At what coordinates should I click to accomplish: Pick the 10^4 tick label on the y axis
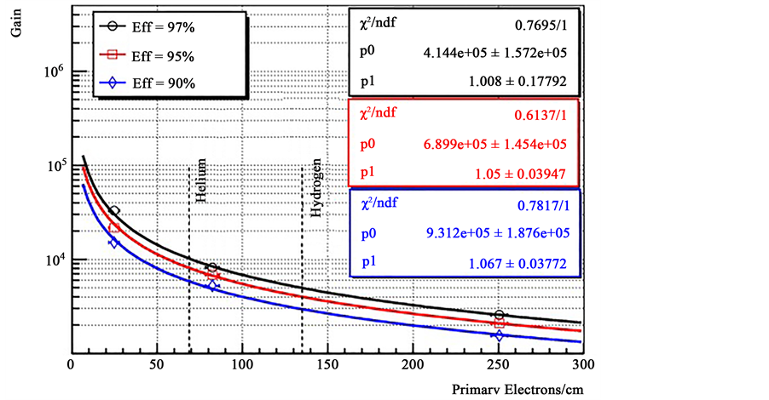pyautogui.click(x=54, y=261)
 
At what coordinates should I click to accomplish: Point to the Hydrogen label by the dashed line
pyautogui.click(x=316, y=187)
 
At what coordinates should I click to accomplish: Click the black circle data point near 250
pyautogui.click(x=499, y=315)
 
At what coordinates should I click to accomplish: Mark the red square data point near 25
pyautogui.click(x=114, y=228)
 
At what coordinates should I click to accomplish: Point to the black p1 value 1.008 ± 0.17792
pyautogui.click(x=524, y=83)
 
